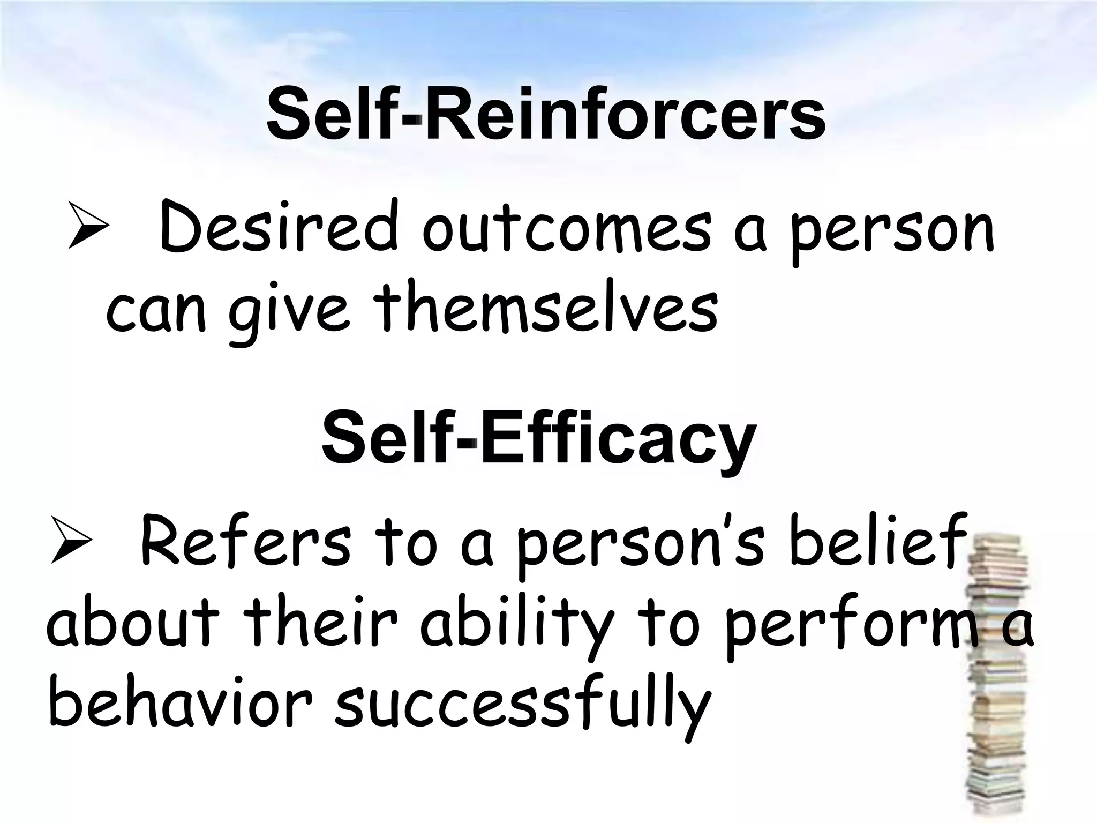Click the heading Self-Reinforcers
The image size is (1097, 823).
pos(545,117)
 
